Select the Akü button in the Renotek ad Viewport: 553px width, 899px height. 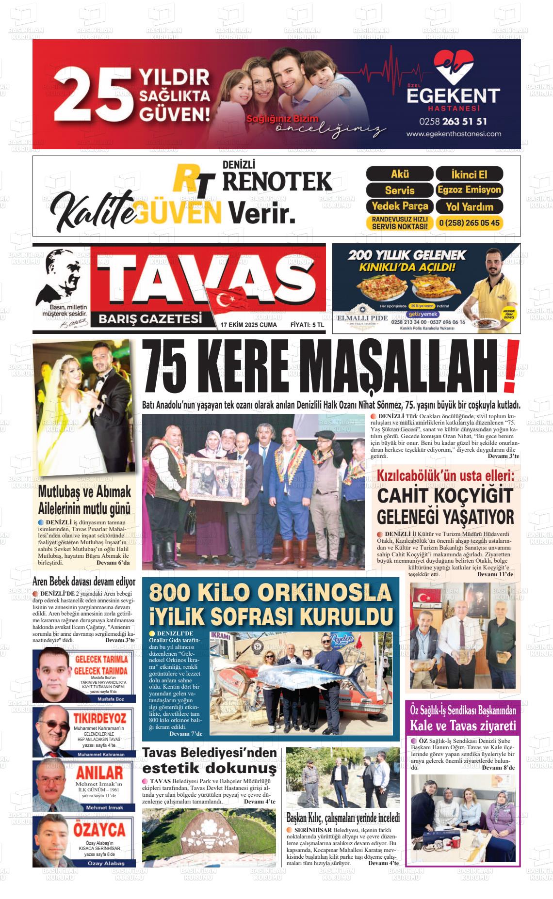[x=399, y=174]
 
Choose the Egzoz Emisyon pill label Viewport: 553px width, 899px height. [x=469, y=189]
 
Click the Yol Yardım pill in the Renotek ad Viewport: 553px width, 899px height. [x=469, y=206]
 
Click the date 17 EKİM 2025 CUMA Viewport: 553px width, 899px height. [x=248, y=325]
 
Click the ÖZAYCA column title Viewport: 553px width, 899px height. [x=99, y=830]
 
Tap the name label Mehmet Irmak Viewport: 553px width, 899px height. [x=104, y=808]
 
